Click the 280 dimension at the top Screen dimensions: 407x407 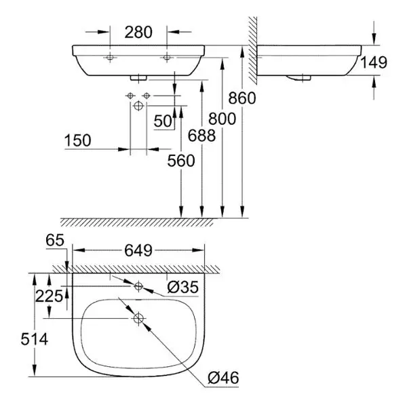coord(138,32)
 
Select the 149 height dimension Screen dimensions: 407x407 coord(374,62)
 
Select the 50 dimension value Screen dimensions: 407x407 coord(163,121)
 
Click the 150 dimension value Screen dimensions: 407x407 coord(79,141)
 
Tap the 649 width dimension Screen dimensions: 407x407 coord(138,250)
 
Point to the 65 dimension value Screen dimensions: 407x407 coord(54,239)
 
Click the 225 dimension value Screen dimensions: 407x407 coord(52,296)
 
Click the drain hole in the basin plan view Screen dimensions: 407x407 coord(138,317)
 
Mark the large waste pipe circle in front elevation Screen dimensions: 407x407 coord(138,106)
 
